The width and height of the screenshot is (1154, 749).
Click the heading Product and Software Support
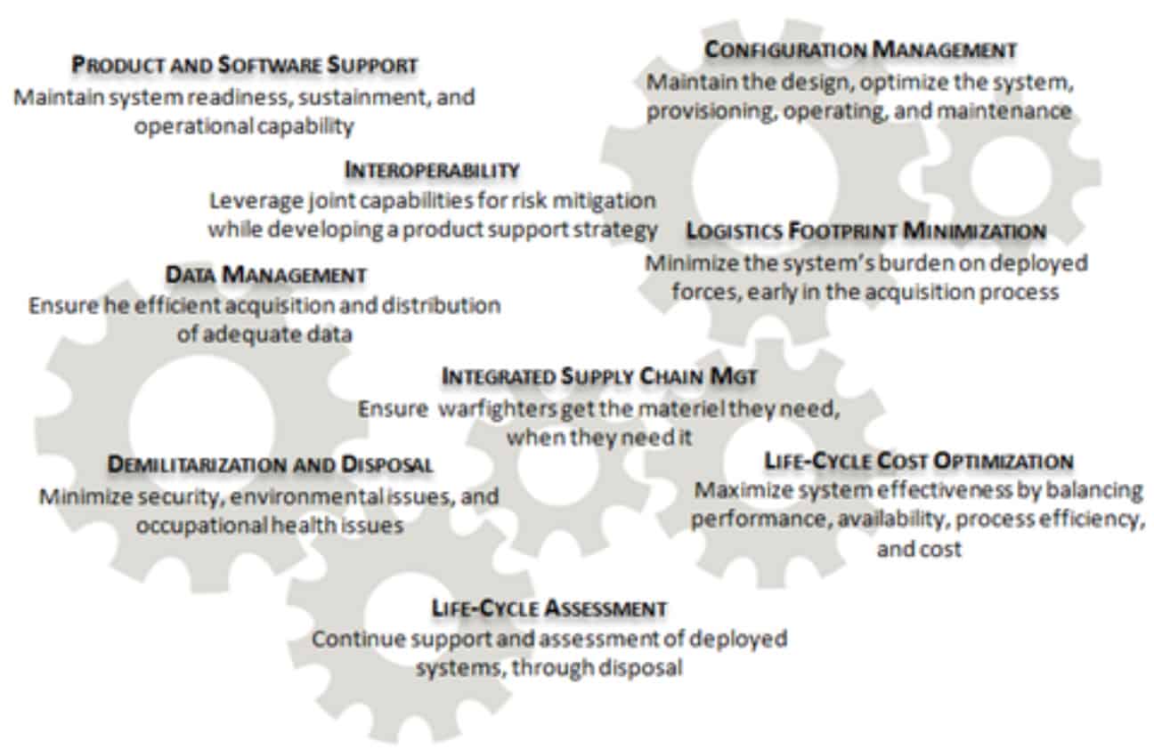click(x=245, y=65)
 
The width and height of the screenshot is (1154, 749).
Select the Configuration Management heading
click(x=860, y=50)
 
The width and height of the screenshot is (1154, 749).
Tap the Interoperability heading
click(x=432, y=170)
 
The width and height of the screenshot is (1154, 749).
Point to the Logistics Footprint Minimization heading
click(x=866, y=230)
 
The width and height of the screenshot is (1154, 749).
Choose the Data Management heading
click(x=266, y=275)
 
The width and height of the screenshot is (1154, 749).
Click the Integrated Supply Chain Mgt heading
click(x=599, y=376)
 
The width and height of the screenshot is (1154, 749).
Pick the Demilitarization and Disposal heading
click(x=270, y=464)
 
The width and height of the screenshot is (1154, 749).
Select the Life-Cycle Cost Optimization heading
click(x=919, y=461)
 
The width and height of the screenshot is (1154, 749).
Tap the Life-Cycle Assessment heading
click(x=549, y=608)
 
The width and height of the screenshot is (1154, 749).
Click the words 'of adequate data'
click(x=264, y=335)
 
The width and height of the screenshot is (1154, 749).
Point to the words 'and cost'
click(x=919, y=549)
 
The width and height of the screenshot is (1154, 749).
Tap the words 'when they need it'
click(x=598, y=438)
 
